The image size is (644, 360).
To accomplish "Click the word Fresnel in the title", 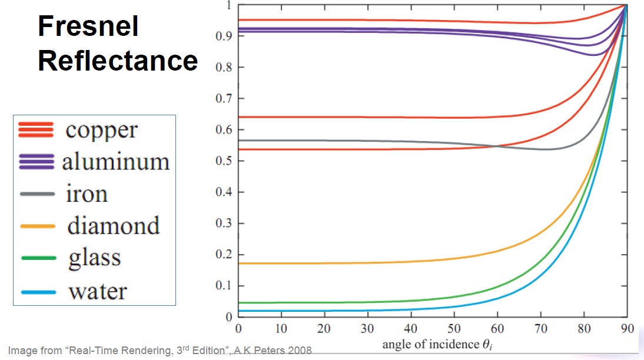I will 88,26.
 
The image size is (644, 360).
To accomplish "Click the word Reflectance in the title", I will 118,60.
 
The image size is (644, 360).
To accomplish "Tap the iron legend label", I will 87,194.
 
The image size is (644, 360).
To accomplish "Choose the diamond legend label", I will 112,225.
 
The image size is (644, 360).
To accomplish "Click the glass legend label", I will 94,258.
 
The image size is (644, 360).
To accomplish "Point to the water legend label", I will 97,291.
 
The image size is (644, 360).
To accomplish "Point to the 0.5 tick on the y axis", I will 223,161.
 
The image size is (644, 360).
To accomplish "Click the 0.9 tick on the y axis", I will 223,36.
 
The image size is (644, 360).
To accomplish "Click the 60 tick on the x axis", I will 497,328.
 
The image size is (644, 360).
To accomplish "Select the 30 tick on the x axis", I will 367,328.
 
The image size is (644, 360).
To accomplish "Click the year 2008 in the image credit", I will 299,351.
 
